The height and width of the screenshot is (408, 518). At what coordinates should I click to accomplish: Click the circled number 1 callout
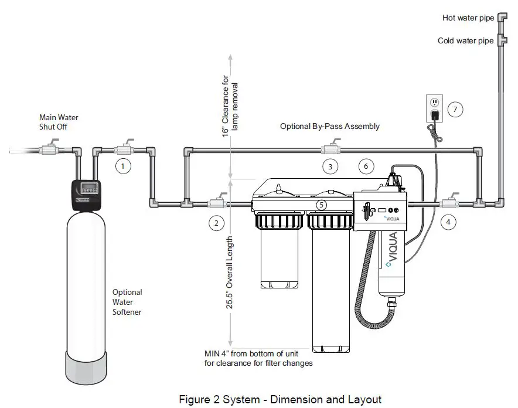pos(122,166)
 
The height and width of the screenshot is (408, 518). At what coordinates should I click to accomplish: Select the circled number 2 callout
pos(216,223)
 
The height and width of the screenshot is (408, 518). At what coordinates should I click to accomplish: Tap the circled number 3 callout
pos(330,166)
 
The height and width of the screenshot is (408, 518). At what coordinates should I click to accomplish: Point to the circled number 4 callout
pos(448,222)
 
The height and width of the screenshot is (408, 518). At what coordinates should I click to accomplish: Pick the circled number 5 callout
pos(321,205)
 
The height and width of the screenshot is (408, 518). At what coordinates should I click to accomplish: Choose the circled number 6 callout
pos(366,166)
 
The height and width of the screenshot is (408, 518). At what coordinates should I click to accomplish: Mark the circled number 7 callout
pos(455,108)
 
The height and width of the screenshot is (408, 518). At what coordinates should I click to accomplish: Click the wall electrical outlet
pos(434,107)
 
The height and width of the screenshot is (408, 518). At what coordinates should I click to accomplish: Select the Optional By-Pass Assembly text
pos(329,126)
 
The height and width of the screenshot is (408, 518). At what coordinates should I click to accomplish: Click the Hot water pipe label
pos(468,18)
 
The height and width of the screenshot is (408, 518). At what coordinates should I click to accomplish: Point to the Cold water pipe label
pos(466,41)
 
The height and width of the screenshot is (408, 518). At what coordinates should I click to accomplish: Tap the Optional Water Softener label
pos(127,302)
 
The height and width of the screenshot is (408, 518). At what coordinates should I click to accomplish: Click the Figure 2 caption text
pos(280,399)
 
